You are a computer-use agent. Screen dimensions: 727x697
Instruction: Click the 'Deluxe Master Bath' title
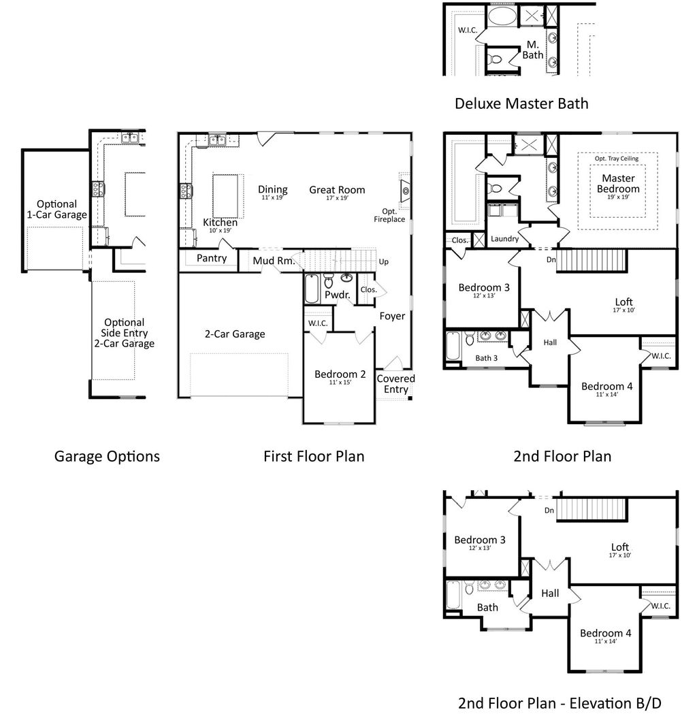pyautogui.click(x=521, y=103)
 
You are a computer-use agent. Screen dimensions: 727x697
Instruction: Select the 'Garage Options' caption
pyautogui.click(x=107, y=455)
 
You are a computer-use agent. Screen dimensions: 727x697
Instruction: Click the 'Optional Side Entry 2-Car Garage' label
pyautogui.click(x=124, y=333)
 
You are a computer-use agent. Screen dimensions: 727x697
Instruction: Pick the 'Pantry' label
pyautogui.click(x=212, y=258)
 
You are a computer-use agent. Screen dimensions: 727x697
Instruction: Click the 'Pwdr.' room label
pyautogui.click(x=337, y=295)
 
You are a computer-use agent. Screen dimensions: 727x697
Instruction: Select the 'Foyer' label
pyautogui.click(x=392, y=316)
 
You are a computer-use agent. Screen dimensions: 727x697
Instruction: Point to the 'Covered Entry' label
pyautogui.click(x=395, y=384)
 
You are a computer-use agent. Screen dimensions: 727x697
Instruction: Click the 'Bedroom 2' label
pyautogui.click(x=340, y=374)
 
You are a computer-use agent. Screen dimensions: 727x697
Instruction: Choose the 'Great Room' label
pyautogui.click(x=337, y=190)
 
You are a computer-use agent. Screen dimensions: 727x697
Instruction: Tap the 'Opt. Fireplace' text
pyautogui.click(x=389, y=215)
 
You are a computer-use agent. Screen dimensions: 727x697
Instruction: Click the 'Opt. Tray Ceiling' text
pyautogui.click(x=617, y=159)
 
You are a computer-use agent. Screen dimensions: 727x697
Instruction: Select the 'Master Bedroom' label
pyautogui.click(x=618, y=183)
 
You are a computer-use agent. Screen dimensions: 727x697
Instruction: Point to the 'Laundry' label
pyautogui.click(x=504, y=239)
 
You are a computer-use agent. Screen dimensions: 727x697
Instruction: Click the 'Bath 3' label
pyautogui.click(x=487, y=358)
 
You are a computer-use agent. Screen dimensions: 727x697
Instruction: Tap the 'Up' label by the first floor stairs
pyautogui.click(x=384, y=261)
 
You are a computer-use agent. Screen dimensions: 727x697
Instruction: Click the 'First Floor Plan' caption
pyautogui.click(x=314, y=455)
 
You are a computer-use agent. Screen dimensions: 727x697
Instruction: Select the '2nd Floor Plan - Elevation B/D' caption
pyautogui.click(x=560, y=702)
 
